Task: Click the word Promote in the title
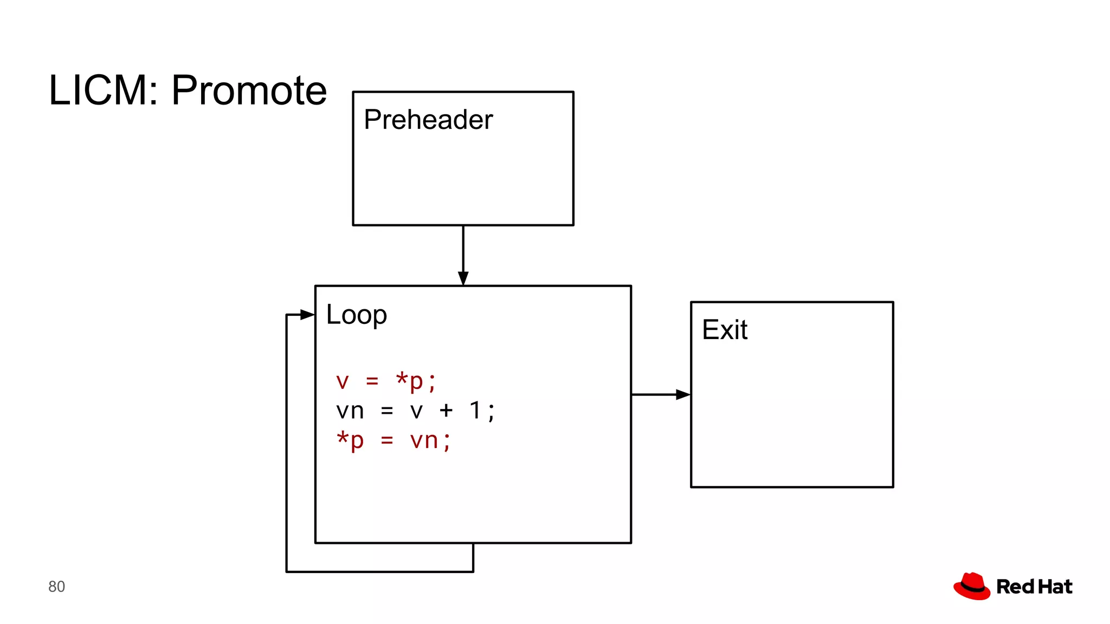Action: [x=249, y=90]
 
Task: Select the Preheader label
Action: [x=428, y=120]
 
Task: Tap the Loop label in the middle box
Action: [x=356, y=315]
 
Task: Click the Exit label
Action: [x=725, y=330]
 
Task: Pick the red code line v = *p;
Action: [x=385, y=381]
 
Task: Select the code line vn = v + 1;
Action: [x=415, y=411]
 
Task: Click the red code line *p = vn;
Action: [x=393, y=440]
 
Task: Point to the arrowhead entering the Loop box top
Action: [x=463, y=278]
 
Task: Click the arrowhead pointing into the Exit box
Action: [x=683, y=395]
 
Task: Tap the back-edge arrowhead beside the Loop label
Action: [x=307, y=315]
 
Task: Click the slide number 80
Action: [x=56, y=587]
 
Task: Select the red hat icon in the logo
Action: [x=972, y=586]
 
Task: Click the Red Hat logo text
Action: [x=1034, y=587]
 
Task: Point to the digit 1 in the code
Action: [x=475, y=411]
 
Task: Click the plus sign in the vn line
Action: [x=446, y=411]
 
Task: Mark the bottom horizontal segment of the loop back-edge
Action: [x=379, y=571]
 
